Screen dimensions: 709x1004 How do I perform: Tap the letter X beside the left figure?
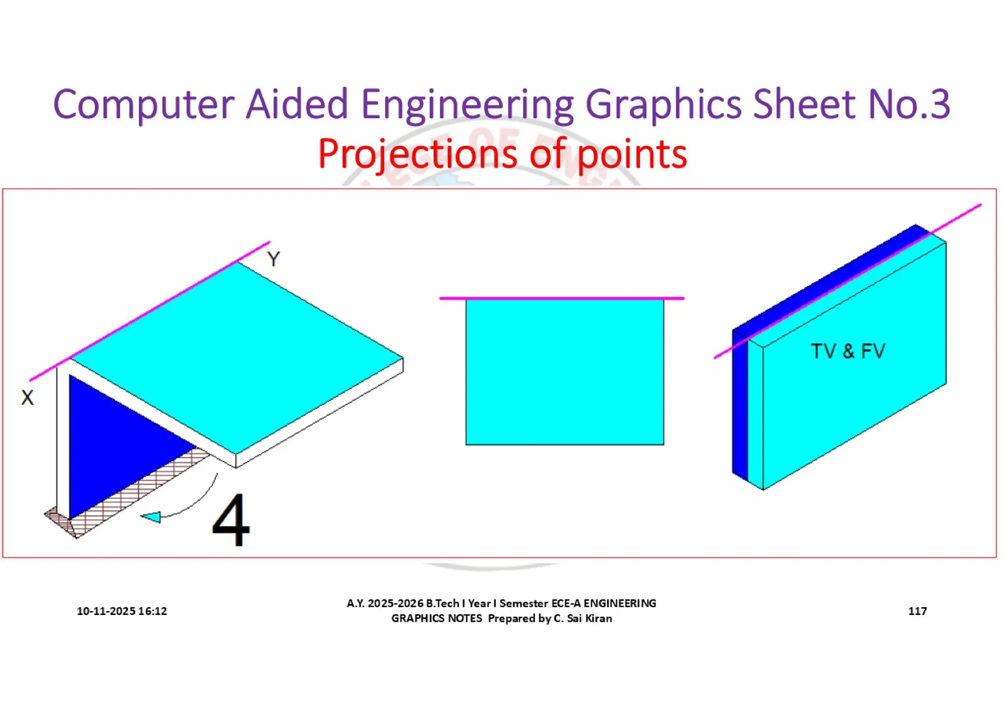click(x=27, y=397)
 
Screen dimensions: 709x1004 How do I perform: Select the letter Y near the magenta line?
click(x=274, y=259)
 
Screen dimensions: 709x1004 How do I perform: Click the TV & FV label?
click(x=848, y=351)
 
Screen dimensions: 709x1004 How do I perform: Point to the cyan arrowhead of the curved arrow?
click(x=152, y=517)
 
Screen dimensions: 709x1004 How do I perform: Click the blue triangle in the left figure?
click(x=113, y=441)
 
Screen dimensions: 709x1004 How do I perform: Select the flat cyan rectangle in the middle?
click(x=564, y=372)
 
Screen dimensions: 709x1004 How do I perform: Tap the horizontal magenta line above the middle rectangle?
click(x=561, y=298)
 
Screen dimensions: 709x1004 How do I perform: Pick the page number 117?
click(x=917, y=611)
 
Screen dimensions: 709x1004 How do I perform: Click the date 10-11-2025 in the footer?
click(x=106, y=611)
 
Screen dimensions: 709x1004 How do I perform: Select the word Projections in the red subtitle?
click(x=417, y=154)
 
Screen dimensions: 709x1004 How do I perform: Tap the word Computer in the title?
click(x=143, y=104)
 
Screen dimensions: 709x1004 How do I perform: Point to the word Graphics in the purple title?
click(x=663, y=104)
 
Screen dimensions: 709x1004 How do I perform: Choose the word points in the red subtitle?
click(x=632, y=154)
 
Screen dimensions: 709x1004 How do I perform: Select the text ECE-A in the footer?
click(x=566, y=603)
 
